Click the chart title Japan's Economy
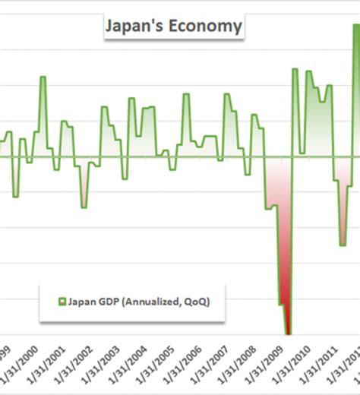click(x=172, y=27)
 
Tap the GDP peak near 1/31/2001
click(x=43, y=77)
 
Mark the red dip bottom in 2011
click(x=343, y=245)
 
